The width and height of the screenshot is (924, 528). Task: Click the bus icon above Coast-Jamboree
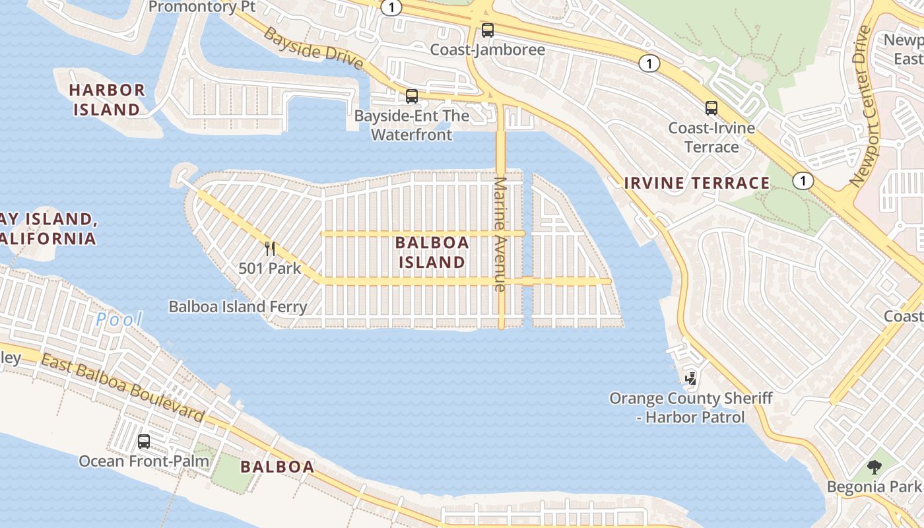pyautogui.click(x=488, y=30)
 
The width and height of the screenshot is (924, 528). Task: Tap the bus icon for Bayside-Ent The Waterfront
pyautogui.click(x=412, y=96)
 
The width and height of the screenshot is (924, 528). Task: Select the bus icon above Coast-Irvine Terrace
pyautogui.click(x=711, y=108)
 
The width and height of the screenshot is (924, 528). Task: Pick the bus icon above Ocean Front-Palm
pyautogui.click(x=143, y=441)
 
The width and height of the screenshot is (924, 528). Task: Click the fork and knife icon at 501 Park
pyautogui.click(x=269, y=249)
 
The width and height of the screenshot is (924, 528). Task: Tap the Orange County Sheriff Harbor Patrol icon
pyautogui.click(x=691, y=378)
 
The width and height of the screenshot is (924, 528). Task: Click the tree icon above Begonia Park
pyautogui.click(x=874, y=467)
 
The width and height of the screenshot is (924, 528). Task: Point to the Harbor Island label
pyautogui.click(x=107, y=99)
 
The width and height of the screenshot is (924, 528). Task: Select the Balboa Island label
pyautogui.click(x=432, y=252)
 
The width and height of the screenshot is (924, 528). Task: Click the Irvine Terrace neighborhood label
pyautogui.click(x=697, y=183)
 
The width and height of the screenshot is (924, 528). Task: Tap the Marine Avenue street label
pyautogui.click(x=500, y=234)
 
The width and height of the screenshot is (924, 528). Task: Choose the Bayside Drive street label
pyautogui.click(x=313, y=48)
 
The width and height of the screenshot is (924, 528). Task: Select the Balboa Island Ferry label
pyautogui.click(x=238, y=306)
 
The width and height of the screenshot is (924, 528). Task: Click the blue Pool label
pyautogui.click(x=119, y=319)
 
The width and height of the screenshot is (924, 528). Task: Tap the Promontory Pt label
pyautogui.click(x=201, y=7)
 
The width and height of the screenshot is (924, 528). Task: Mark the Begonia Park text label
pyautogui.click(x=874, y=486)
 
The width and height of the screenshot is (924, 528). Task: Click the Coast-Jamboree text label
pyautogui.click(x=488, y=49)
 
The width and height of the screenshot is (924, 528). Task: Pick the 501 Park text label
pyautogui.click(x=269, y=269)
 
